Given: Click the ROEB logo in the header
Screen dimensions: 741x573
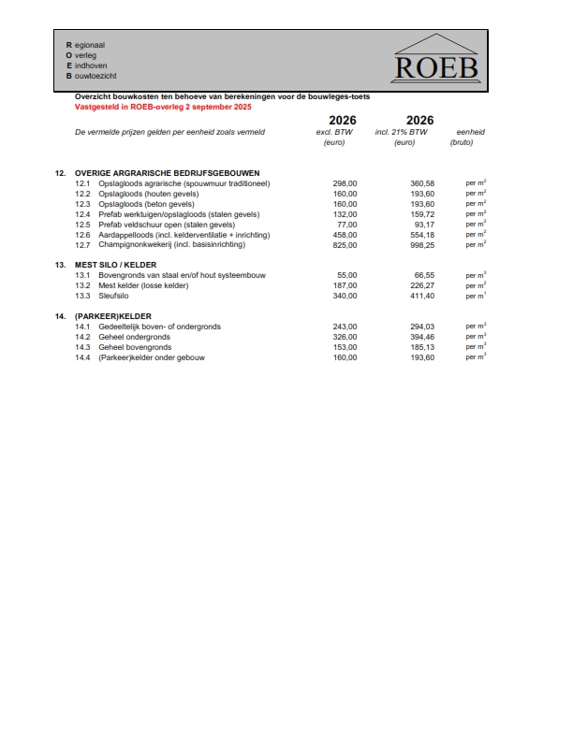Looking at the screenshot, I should point(436,59).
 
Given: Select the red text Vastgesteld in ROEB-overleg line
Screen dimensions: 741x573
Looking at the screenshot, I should point(164,107).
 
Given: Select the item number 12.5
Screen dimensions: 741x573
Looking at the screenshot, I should point(82,225).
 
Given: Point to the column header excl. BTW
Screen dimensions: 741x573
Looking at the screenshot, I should point(335,132).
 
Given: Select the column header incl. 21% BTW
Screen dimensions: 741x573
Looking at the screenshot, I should point(404,132).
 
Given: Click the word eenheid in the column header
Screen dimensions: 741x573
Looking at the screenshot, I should point(470,132).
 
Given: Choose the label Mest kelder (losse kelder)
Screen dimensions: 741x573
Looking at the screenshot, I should point(143,285).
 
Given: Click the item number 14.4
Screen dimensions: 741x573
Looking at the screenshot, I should point(82,357).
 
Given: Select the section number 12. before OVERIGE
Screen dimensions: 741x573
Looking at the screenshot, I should point(61,173).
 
